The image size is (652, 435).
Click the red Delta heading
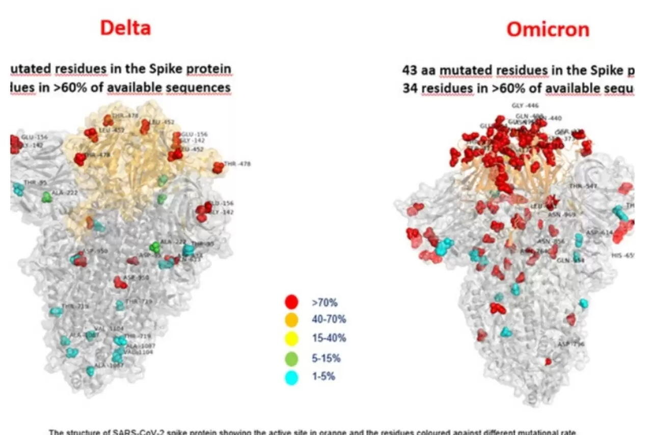pos(125,28)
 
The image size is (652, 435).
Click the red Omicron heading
pos(548,30)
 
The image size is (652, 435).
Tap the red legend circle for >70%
pos(291,302)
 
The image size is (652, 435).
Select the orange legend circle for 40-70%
pos(291,319)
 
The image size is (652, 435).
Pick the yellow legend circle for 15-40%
pos(291,338)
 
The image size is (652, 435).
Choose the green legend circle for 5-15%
pos(291,359)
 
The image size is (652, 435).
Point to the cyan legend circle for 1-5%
pos(291,377)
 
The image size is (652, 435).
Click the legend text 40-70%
pos(329,319)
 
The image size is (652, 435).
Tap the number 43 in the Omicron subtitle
pos(410,70)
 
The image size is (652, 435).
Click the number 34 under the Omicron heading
pos(410,89)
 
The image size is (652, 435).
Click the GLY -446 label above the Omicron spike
pos(525,106)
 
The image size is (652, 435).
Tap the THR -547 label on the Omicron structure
pos(583,186)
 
